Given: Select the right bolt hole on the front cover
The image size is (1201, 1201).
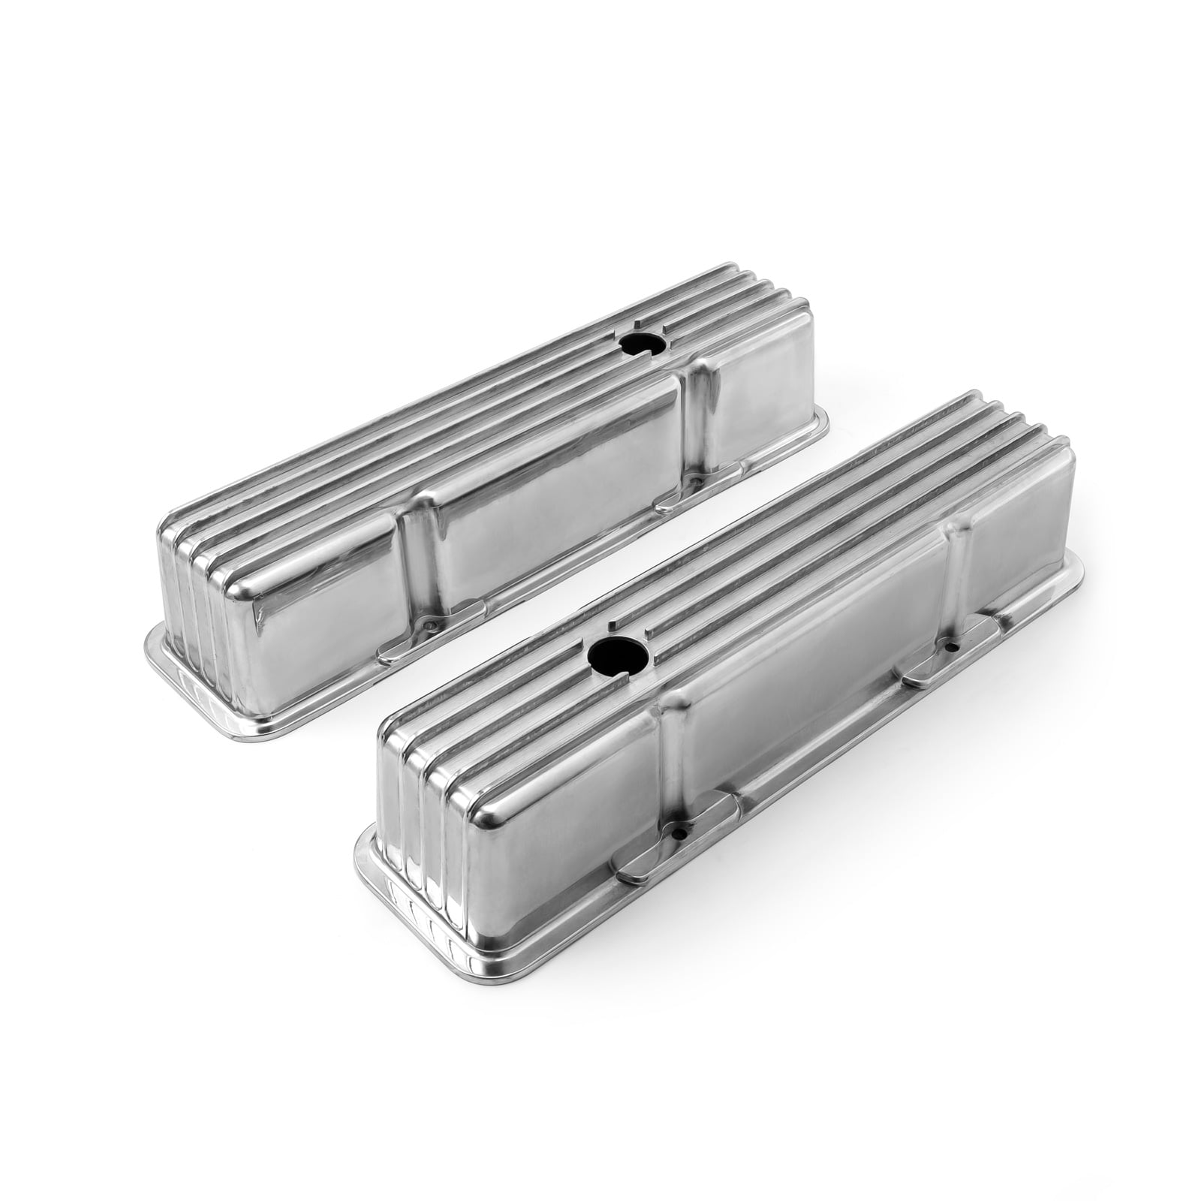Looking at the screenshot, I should tap(950, 646).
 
